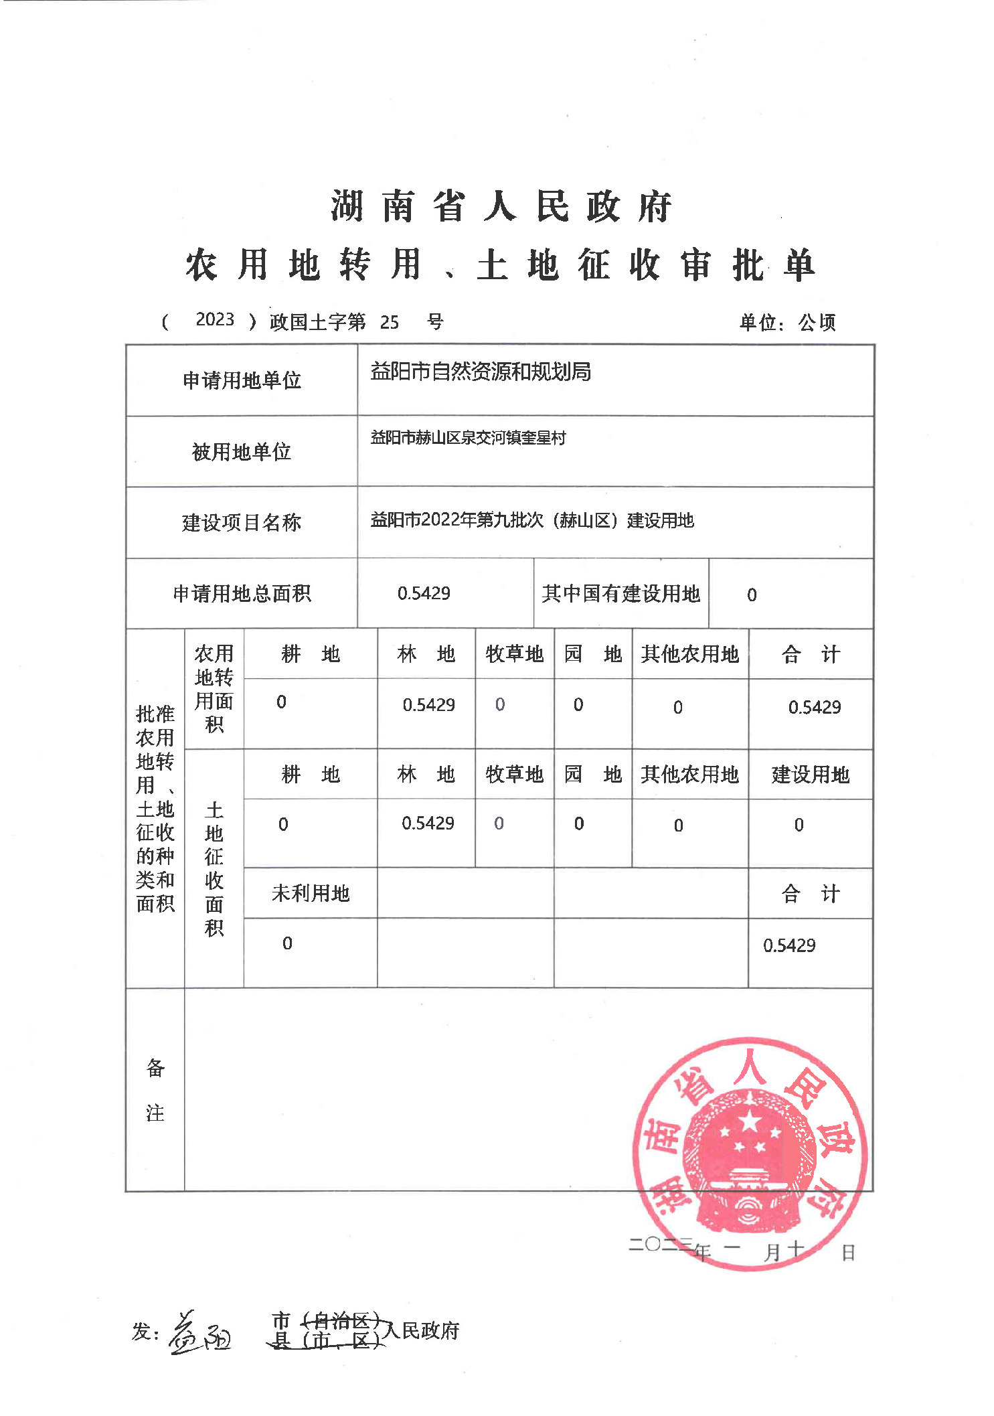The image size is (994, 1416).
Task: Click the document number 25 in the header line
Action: click(x=389, y=323)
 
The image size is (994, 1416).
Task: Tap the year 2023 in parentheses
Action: click(x=215, y=319)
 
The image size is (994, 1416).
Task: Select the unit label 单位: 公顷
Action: click(x=786, y=323)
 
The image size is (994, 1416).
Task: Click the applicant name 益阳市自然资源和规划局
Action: click(x=480, y=372)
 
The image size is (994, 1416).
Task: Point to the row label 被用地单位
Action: click(x=241, y=452)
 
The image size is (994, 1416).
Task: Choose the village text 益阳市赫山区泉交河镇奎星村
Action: click(x=468, y=438)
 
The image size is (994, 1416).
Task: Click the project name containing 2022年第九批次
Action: click(x=531, y=520)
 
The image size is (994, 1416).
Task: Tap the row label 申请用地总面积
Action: click(x=242, y=594)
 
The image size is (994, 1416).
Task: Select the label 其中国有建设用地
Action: click(x=620, y=594)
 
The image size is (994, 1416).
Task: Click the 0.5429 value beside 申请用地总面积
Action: click(x=424, y=593)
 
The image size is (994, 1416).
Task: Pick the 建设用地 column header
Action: click(x=810, y=775)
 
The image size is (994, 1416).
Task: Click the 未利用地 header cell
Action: click(x=311, y=893)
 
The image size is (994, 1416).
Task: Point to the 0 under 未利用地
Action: click(x=287, y=943)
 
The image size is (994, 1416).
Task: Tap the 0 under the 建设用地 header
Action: click(x=799, y=825)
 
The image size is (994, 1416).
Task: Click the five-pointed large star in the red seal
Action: click(x=750, y=1120)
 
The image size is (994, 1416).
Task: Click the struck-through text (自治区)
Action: click(x=341, y=1321)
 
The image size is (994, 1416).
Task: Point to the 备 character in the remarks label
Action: click(x=155, y=1068)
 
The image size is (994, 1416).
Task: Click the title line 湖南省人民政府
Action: click(x=501, y=206)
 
